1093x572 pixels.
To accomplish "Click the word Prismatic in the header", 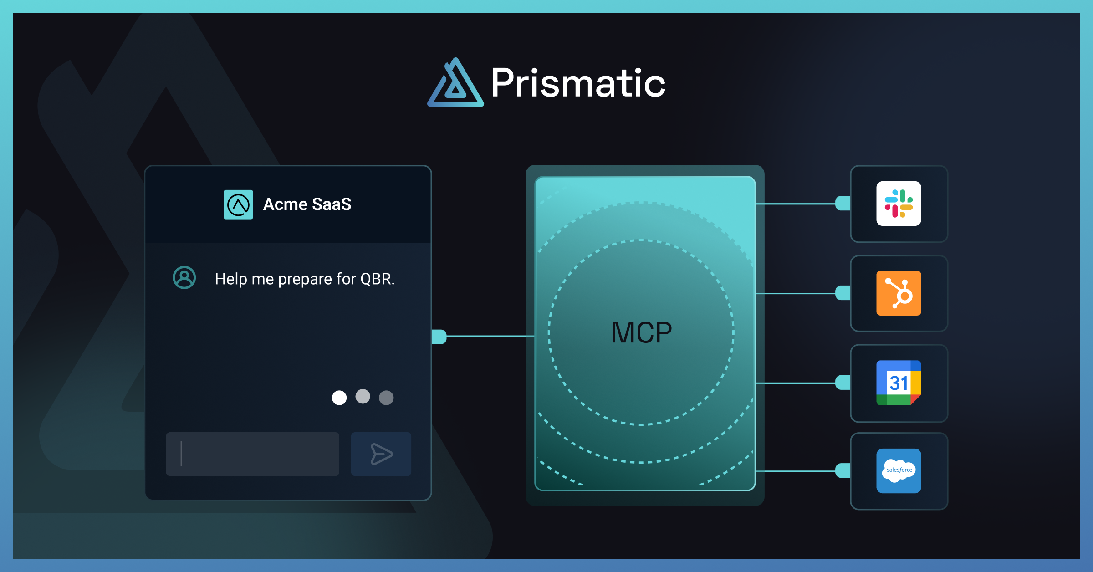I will click(x=578, y=83).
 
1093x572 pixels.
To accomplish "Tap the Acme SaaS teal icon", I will click(x=238, y=204).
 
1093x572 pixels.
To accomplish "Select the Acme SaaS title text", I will click(x=307, y=204).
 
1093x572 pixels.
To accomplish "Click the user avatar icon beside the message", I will click(x=184, y=277).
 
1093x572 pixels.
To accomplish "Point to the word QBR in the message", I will click(x=377, y=279).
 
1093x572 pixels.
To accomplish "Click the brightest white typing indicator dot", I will click(x=339, y=398).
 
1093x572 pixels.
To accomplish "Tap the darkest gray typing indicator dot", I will click(x=386, y=398).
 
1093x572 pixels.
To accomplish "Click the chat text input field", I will click(x=252, y=454).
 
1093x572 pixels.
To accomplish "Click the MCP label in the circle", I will click(x=641, y=332).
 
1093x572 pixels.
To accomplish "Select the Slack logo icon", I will click(x=899, y=204).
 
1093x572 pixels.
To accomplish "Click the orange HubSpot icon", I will click(x=899, y=293).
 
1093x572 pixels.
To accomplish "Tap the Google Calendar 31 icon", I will click(x=899, y=383).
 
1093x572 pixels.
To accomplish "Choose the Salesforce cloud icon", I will click(x=899, y=470).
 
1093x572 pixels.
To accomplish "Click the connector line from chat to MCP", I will click(x=490, y=336).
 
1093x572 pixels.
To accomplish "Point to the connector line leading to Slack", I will click(x=795, y=204).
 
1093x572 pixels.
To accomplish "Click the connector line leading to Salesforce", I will click(x=795, y=471).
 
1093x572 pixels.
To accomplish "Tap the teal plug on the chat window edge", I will click(x=439, y=337).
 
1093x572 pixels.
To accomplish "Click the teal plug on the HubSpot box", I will click(x=843, y=293).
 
